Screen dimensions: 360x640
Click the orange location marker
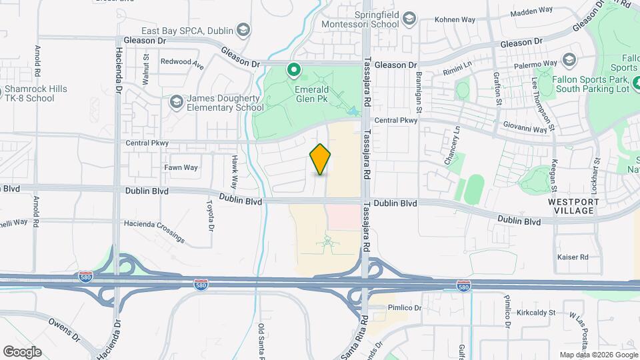click(320, 159)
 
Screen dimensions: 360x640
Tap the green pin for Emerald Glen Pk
click(293, 69)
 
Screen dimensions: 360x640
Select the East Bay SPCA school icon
click(244, 30)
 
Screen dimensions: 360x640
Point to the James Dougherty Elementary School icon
click(176, 101)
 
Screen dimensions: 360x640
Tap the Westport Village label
click(571, 206)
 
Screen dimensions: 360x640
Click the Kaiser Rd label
click(574, 257)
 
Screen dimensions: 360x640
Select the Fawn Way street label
click(181, 167)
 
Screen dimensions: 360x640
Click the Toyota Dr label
click(211, 215)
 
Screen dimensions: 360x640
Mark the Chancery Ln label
click(457, 145)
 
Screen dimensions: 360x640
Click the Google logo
click(21, 351)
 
